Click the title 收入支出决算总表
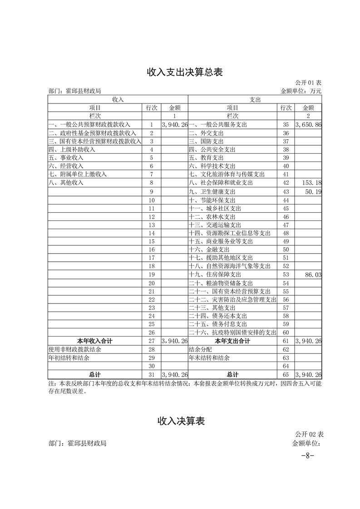184,72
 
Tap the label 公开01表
308,83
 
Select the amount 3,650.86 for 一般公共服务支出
308,124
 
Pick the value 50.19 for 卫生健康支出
313,192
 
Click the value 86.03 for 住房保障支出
313,275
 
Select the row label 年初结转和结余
69,358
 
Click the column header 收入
118,99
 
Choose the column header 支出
255,99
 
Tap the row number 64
286,366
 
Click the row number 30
152,366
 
